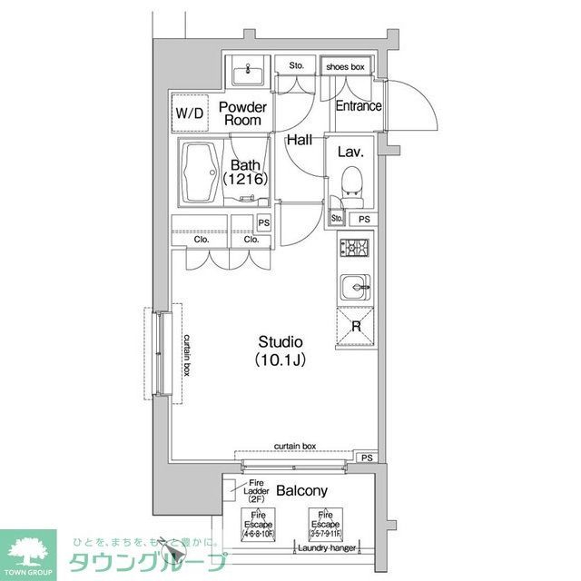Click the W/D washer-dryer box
(189, 113)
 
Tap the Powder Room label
(242, 113)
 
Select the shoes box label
(346, 66)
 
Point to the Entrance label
(359, 106)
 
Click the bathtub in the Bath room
(198, 173)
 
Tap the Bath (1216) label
(245, 172)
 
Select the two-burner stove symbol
(352, 247)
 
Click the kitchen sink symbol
(352, 289)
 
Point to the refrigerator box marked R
(356, 326)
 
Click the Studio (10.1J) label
(280, 350)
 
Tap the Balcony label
(302, 491)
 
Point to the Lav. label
(351, 153)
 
